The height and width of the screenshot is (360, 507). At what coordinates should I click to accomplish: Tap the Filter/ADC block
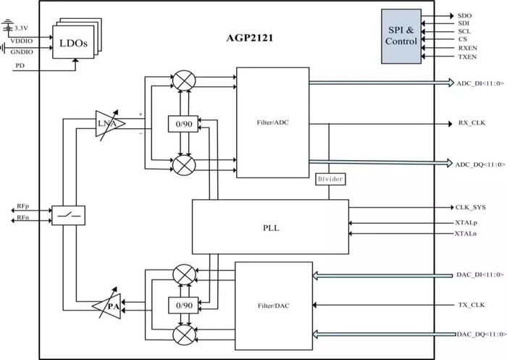point(273,122)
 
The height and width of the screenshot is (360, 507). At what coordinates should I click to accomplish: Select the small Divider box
point(330,178)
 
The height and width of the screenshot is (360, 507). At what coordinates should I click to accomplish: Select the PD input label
point(20,66)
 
